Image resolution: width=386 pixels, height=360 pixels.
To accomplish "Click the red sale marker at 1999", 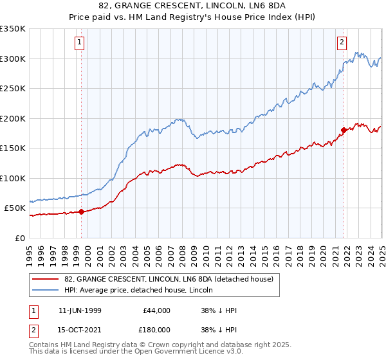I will click(x=82, y=212).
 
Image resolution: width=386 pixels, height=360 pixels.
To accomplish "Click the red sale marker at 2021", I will click(x=344, y=130).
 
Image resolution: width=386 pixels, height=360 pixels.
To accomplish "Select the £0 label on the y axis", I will click(x=19, y=238).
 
